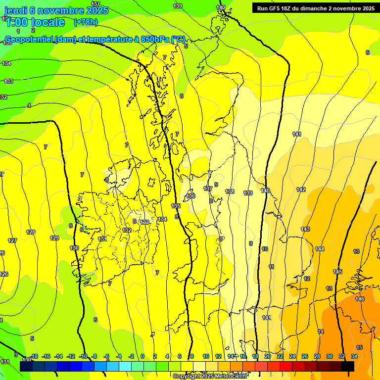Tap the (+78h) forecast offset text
(x=86, y=22)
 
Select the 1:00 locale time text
(x=36, y=22)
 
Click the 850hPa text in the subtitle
(x=151, y=40)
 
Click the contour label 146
(x=360, y=299)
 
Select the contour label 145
(x=337, y=272)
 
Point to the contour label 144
(x=320, y=249)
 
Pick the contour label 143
(x=305, y=229)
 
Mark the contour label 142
(x=301, y=190)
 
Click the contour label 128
(x=31, y=232)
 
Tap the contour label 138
(x=230, y=191)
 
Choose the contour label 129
(x=54, y=238)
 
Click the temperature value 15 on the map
(x=359, y=347)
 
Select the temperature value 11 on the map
(x=271, y=267)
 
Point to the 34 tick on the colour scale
(x=354, y=356)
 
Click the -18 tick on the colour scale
(x=34, y=356)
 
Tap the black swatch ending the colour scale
(x=348, y=366)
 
